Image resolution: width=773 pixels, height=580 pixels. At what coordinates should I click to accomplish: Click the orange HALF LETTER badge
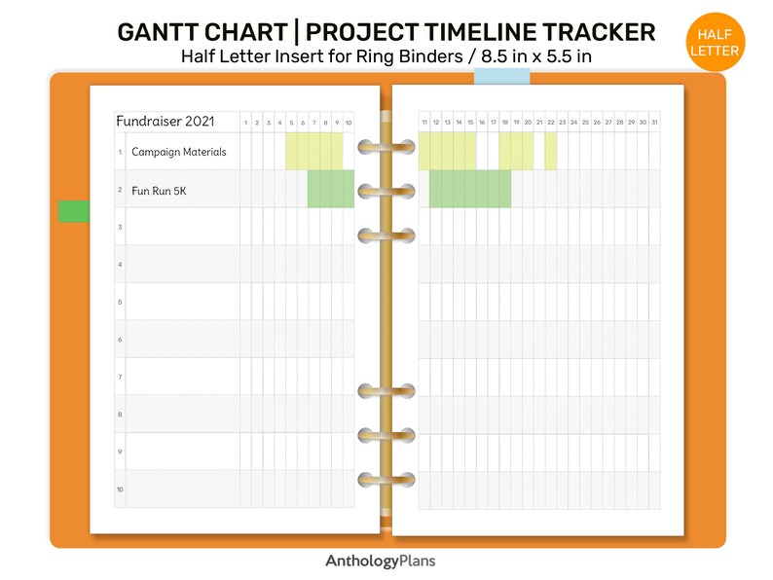click(715, 43)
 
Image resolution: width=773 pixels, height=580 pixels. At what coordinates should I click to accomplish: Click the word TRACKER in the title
click(599, 32)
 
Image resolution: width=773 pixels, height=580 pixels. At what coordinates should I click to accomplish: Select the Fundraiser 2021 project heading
click(166, 122)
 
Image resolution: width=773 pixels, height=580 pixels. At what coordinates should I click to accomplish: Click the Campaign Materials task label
click(178, 152)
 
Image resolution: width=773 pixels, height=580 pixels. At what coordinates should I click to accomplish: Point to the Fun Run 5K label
click(159, 191)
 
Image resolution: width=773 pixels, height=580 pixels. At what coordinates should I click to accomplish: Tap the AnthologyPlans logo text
click(380, 561)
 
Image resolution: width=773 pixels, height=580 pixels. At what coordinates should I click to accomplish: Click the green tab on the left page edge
click(74, 211)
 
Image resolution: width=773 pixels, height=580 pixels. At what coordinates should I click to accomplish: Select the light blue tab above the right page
click(501, 76)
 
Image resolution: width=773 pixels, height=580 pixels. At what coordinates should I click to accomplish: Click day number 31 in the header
click(654, 123)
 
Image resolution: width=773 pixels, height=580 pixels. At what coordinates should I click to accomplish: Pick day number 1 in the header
click(245, 123)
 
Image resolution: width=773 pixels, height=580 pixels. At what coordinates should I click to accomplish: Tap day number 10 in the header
click(349, 123)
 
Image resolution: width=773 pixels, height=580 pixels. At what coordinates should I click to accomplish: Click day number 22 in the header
click(551, 123)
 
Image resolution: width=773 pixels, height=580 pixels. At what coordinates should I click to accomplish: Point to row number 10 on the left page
click(120, 489)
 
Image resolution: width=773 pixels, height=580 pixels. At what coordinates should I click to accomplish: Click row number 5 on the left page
click(120, 302)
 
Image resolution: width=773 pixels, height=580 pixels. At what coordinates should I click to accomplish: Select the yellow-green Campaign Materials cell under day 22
click(551, 151)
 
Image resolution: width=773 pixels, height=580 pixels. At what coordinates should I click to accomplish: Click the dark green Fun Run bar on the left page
click(331, 189)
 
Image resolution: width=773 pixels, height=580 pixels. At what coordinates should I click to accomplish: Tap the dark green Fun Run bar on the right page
click(470, 189)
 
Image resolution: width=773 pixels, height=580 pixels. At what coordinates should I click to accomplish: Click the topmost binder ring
click(386, 147)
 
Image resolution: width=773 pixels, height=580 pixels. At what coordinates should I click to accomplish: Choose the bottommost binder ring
click(386, 480)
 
